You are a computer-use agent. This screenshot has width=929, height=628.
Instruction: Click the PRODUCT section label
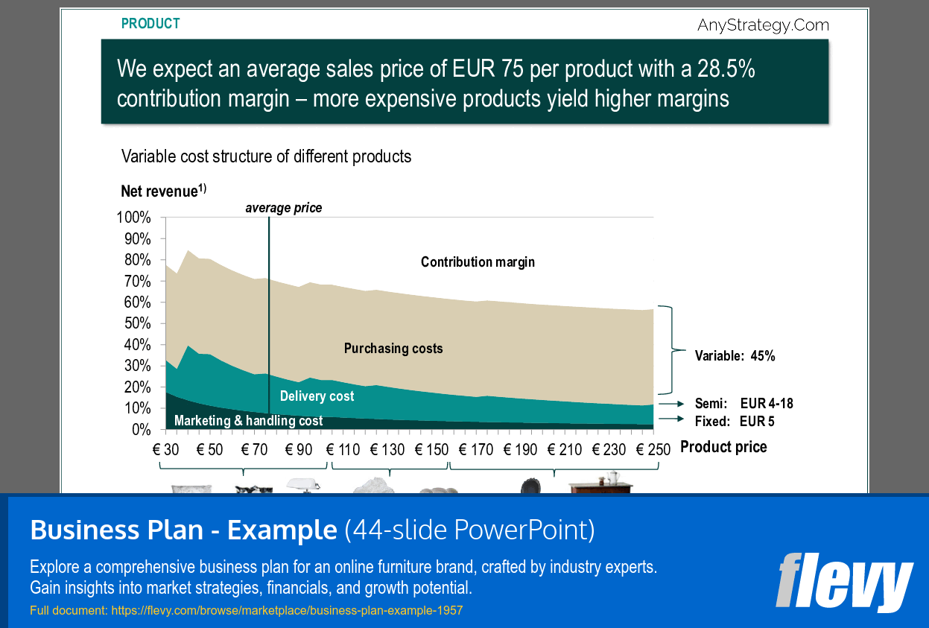coord(150,24)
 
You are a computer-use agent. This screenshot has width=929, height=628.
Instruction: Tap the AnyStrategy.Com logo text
coord(763,25)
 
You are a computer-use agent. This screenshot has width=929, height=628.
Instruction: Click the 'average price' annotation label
coord(284,208)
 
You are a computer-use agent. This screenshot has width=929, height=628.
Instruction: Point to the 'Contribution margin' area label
coord(478,262)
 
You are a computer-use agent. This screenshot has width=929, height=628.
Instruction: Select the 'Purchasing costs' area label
coord(393,349)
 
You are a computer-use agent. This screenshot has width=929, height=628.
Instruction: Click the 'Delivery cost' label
coord(317,396)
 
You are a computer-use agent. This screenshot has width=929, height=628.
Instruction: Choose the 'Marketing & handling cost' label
coord(248,421)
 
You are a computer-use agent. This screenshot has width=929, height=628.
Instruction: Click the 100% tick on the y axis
coord(134,218)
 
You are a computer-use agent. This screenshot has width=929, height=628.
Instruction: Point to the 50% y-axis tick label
coord(137,323)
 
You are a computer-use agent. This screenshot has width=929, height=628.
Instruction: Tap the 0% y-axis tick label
coord(142,430)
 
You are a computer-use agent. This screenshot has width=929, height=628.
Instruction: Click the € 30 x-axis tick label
coord(166,450)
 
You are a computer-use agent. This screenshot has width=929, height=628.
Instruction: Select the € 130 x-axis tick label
coord(386,450)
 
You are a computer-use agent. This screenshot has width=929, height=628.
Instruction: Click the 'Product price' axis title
coord(723,447)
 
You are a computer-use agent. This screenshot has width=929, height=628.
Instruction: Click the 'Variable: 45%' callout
coord(735,356)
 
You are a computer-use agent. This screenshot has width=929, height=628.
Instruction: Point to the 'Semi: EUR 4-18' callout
coord(743,404)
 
